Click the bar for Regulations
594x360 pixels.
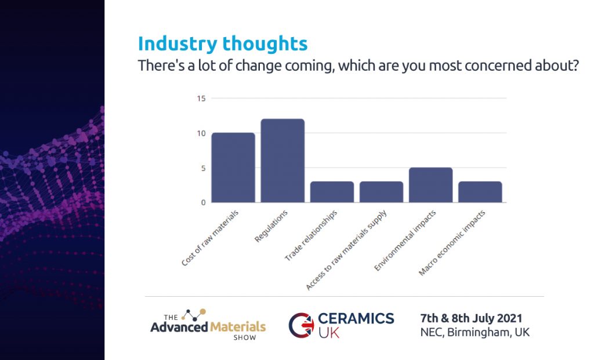coord(282,161)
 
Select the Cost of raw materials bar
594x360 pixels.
coord(233,168)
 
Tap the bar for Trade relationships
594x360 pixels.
coord(332,192)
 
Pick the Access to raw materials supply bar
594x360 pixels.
coord(381,192)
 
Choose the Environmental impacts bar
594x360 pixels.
coord(430,185)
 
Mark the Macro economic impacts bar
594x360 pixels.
coord(480,192)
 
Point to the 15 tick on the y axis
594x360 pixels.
coord(201,99)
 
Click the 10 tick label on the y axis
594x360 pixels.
coord(201,133)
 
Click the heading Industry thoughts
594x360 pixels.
coord(223,43)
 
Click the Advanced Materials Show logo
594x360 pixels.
coord(208,322)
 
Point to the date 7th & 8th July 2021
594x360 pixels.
coord(471,318)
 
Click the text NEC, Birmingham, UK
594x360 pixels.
coord(475,333)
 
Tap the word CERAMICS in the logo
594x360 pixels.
coord(356,318)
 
